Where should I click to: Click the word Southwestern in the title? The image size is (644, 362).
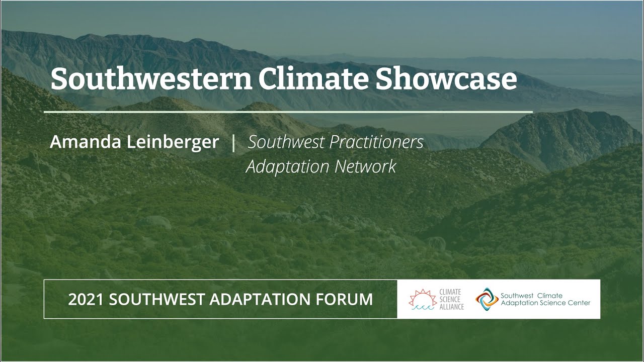click(150, 79)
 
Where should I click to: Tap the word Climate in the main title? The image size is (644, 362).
click(313, 79)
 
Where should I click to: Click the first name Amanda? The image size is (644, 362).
click(85, 142)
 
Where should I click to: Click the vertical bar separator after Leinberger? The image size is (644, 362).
click(233, 142)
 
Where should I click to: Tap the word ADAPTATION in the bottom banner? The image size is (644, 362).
click(260, 300)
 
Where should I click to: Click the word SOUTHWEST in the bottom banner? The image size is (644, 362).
click(156, 300)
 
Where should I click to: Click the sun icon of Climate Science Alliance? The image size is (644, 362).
click(421, 297)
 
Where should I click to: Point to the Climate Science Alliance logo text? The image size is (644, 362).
click(451, 299)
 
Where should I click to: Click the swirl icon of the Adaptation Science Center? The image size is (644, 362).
click(487, 298)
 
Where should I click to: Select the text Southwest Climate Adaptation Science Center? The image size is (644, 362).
click(545, 299)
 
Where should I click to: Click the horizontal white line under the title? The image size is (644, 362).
click(288, 112)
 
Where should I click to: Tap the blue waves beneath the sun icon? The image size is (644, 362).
click(422, 307)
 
